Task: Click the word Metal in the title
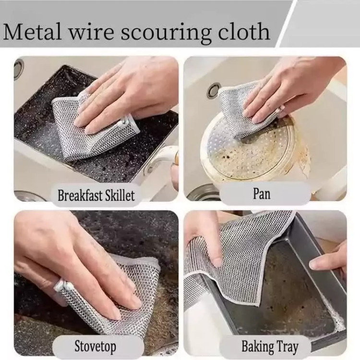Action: click(x=33, y=31)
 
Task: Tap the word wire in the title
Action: click(x=91, y=32)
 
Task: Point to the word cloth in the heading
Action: click(x=244, y=31)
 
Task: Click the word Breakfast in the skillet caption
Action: click(x=79, y=195)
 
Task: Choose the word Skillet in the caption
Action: click(x=120, y=195)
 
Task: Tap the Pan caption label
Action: click(x=262, y=193)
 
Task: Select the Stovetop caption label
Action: click(x=96, y=347)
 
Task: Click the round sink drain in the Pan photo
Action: click(x=214, y=90)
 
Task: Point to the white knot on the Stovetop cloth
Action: click(x=62, y=285)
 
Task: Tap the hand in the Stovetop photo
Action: click(x=76, y=264)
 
